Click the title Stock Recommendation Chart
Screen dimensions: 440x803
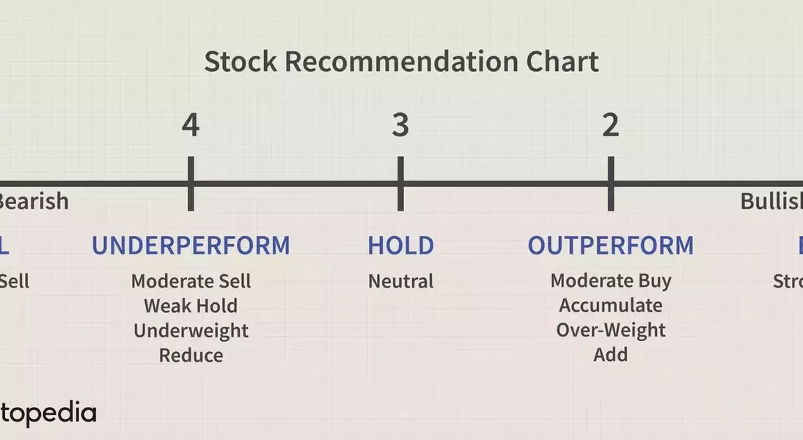click(x=401, y=62)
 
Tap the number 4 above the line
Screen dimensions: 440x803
click(x=191, y=125)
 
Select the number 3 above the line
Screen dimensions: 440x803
click(x=400, y=125)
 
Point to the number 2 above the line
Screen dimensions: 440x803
click(x=610, y=125)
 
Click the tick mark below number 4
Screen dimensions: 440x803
click(x=191, y=183)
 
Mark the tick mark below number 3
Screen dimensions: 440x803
click(x=400, y=183)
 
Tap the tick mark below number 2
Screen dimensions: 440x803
click(x=610, y=183)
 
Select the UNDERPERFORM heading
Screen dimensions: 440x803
click(x=191, y=246)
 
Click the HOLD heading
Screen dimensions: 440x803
click(x=400, y=246)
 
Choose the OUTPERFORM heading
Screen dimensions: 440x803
click(x=610, y=246)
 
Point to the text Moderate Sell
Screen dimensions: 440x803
click(x=191, y=281)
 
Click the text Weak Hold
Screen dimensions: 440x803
click(x=191, y=306)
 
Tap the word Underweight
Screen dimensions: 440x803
click(x=191, y=331)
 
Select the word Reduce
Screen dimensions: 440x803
click(x=191, y=356)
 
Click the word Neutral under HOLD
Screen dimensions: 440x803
click(x=400, y=281)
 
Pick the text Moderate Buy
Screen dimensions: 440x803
click(x=610, y=281)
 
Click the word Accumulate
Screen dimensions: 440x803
click(x=610, y=306)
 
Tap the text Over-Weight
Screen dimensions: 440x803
click(x=610, y=331)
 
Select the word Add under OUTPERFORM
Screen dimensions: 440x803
click(x=610, y=356)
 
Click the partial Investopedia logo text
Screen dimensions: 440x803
click(x=47, y=414)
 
